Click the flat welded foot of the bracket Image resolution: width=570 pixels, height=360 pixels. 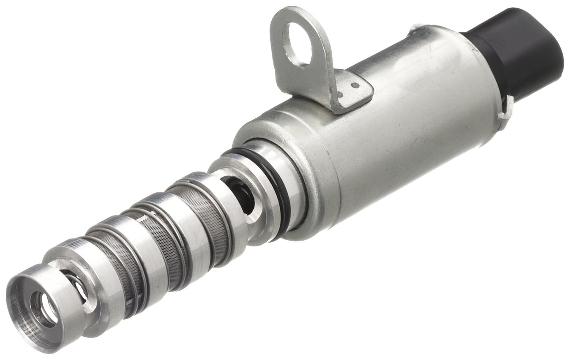coord(351,91)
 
